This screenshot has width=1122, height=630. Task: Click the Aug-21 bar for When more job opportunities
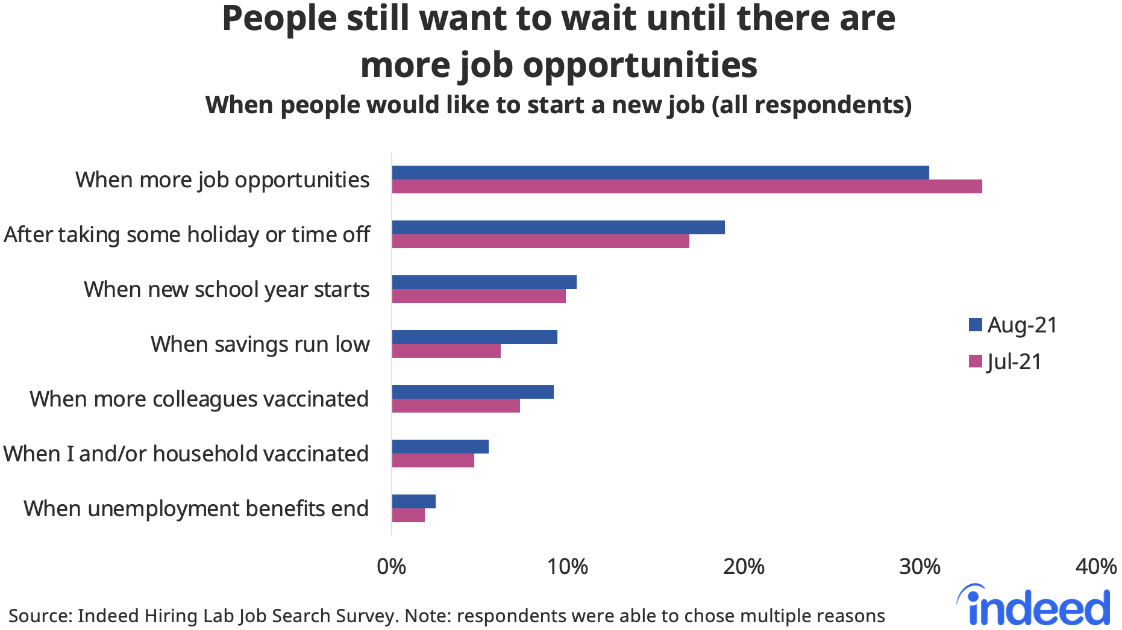[x=660, y=173]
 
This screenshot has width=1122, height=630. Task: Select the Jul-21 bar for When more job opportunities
[x=686, y=187]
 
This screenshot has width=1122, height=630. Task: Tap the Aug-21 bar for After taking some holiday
[x=558, y=228]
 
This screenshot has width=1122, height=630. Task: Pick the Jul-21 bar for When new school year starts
[x=478, y=296]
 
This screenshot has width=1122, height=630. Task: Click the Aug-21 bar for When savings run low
[x=474, y=337]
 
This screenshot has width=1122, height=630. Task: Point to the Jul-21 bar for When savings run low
[x=446, y=351]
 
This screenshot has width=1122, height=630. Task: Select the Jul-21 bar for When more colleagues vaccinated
[x=456, y=406]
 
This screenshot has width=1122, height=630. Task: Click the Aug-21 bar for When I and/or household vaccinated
[x=440, y=447]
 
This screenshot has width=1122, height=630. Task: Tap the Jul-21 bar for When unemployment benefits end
[x=408, y=516]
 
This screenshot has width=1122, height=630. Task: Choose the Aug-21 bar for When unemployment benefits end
[x=413, y=502]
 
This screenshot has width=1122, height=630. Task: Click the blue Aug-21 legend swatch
[x=975, y=325]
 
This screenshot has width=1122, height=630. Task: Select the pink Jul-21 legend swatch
[x=975, y=361]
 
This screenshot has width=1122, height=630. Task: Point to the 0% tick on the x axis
[x=392, y=567]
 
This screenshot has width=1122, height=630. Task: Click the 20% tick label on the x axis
[x=744, y=567]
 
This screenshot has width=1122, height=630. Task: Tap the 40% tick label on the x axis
[x=1096, y=567]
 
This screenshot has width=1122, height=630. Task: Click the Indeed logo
[x=1033, y=606]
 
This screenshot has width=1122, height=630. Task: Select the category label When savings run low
[x=260, y=345]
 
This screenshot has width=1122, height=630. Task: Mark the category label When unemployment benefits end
[x=196, y=509]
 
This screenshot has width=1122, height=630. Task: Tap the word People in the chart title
[x=279, y=18]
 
